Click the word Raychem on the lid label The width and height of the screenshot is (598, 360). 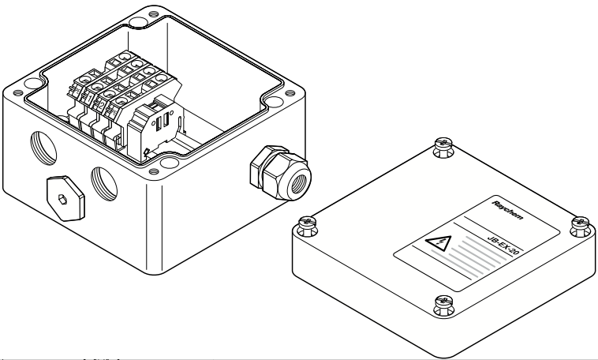point(507,210)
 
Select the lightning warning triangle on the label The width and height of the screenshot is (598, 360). point(439,243)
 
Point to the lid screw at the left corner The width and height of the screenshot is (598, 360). point(308,226)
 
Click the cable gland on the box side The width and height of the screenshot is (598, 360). point(280,172)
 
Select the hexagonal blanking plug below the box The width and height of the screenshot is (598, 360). point(65,198)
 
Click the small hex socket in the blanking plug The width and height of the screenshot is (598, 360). point(62,199)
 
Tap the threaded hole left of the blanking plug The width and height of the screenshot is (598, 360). point(43,148)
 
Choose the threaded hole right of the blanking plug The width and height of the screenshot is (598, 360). point(104,184)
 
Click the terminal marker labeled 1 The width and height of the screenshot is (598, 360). point(88,99)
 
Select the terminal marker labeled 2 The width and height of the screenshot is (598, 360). point(101,105)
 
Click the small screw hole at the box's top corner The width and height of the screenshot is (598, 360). point(153,14)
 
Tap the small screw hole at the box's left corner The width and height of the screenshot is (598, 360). point(18,93)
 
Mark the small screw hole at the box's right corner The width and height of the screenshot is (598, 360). point(290,93)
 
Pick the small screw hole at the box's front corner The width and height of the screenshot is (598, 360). point(154,171)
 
